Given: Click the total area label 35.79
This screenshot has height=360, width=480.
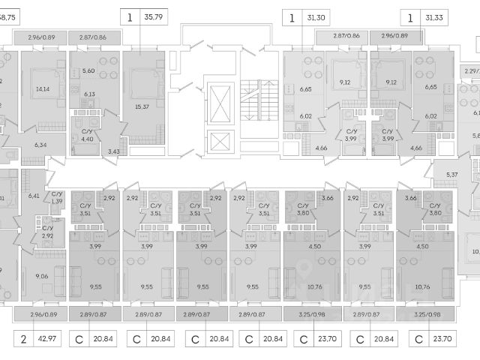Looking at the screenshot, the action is tap(155, 15).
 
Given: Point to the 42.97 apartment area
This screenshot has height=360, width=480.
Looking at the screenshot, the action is tap(50, 339).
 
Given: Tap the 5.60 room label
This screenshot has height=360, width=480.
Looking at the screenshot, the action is tap(88, 70).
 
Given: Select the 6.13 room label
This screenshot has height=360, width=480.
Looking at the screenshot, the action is tap(88, 94).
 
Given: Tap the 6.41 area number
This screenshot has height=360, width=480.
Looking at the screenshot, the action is tap(34, 196).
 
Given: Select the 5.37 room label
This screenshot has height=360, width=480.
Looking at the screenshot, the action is tap(451, 175).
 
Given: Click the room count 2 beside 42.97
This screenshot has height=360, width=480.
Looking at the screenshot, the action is tap(22, 339).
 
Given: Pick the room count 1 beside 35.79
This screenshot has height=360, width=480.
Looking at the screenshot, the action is tap(130, 15).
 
